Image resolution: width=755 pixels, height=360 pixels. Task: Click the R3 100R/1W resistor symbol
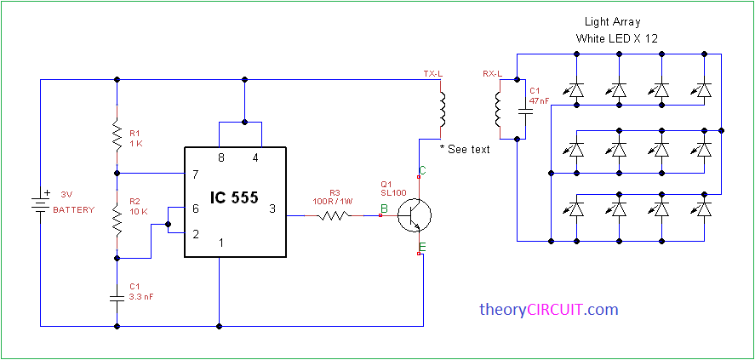tap(335, 216)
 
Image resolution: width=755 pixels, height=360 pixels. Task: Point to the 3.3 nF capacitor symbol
tap(117, 298)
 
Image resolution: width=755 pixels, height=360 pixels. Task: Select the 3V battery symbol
tap(39, 204)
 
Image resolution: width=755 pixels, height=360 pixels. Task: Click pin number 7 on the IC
tap(195, 174)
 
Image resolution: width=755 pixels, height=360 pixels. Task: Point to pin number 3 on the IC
tap(272, 208)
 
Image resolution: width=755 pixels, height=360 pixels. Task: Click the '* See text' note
tap(465, 150)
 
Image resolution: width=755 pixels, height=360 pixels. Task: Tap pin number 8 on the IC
tap(222, 158)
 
